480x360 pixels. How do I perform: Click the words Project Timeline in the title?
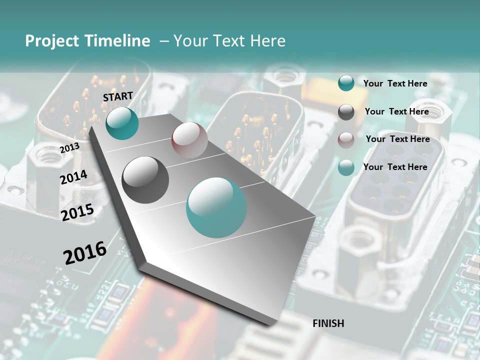(87, 41)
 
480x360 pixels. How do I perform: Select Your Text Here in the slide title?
(229, 41)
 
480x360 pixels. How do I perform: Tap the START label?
(118, 96)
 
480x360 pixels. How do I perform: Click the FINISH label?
(328, 323)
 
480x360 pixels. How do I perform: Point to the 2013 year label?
(69, 148)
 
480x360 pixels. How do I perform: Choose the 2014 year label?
(73, 177)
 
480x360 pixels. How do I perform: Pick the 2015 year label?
(77, 212)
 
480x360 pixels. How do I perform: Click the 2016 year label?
(85, 252)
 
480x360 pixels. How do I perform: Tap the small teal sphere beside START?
(122, 123)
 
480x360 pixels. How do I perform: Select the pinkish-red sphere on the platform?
(189, 140)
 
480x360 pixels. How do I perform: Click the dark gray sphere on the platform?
(145, 179)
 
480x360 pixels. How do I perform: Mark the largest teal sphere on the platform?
(216, 207)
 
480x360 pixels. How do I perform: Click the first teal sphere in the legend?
(346, 83)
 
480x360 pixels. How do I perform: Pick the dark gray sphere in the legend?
(346, 112)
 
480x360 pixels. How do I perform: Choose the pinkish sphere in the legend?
(346, 140)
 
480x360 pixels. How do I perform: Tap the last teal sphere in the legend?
(346, 168)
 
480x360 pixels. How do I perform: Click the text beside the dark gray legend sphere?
(396, 111)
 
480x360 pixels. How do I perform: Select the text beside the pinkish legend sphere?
(397, 139)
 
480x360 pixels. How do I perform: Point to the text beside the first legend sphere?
(395, 83)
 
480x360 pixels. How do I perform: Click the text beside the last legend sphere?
(395, 167)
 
